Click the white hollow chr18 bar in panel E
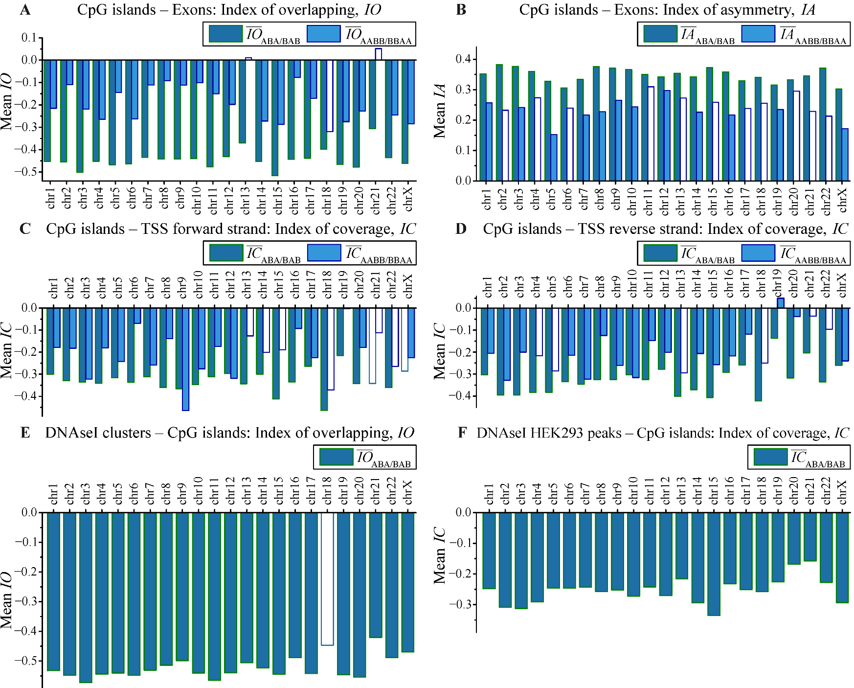[327, 578]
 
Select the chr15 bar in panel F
[714, 563]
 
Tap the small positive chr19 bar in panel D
[781, 303]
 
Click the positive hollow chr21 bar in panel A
[378, 54]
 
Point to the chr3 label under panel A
[84, 198]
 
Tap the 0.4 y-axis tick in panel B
[463, 59]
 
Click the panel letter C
[25, 229]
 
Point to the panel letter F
[462, 433]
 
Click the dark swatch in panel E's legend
[336, 457]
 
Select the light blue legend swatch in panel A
[323, 34]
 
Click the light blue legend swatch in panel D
[758, 253]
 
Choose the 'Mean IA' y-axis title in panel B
[439, 111]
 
